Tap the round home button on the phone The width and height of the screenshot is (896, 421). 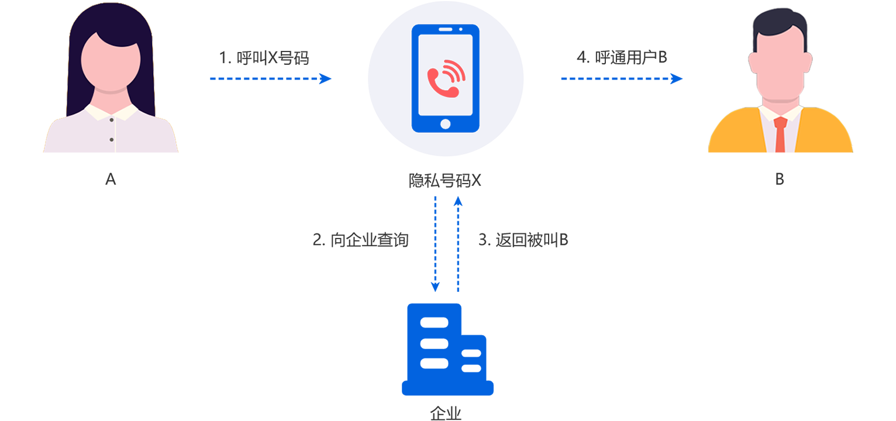(x=446, y=123)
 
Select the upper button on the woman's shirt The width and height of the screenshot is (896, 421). (x=111, y=120)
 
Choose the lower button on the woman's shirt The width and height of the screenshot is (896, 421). (x=111, y=139)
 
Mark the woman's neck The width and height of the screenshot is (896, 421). (x=111, y=96)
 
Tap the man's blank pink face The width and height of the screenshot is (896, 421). (x=780, y=64)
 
